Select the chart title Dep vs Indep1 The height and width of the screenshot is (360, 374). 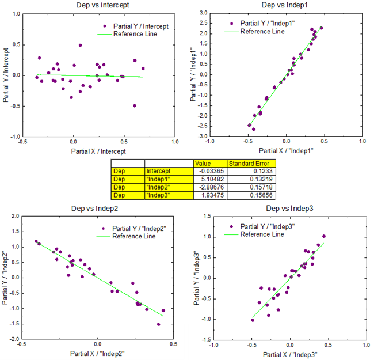click(287, 5)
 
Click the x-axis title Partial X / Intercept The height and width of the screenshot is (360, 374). click(98, 150)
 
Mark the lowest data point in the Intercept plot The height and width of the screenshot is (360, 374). click(135, 105)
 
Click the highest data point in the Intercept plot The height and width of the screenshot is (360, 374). click(80, 45)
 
